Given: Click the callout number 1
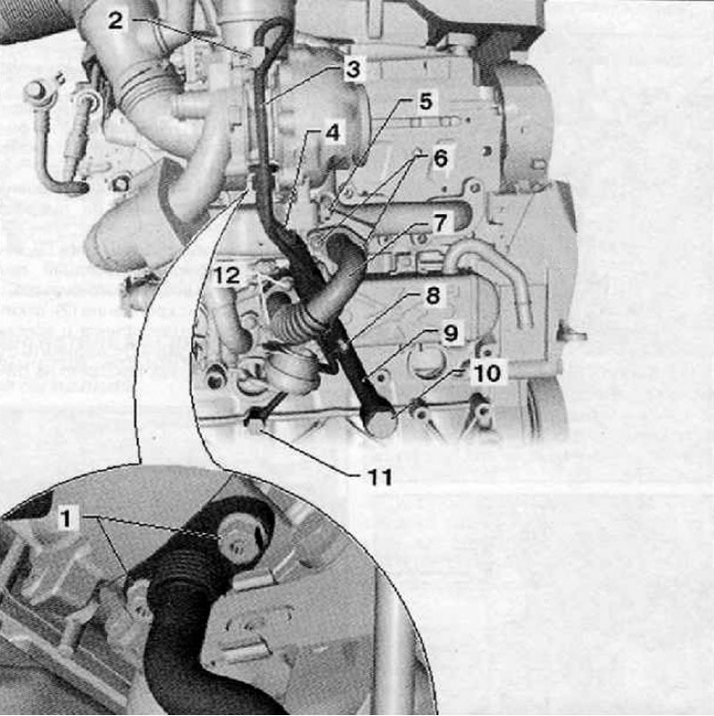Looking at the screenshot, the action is pyautogui.click(x=66, y=519).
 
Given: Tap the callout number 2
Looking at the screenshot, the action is pyautogui.click(x=116, y=21).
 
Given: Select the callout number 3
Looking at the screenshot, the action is pyautogui.click(x=353, y=70).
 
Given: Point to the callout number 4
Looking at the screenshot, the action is pyautogui.click(x=333, y=133).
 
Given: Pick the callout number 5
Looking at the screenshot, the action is pyautogui.click(x=426, y=102).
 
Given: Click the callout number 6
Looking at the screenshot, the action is pyautogui.click(x=441, y=159).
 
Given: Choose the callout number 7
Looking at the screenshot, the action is pyautogui.click(x=440, y=223).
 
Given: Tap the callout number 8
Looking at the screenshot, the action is pyautogui.click(x=433, y=295).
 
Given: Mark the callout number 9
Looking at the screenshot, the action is pyautogui.click(x=451, y=333).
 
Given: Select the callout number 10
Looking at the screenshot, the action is pyautogui.click(x=487, y=374).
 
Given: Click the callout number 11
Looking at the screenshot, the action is pyautogui.click(x=380, y=478).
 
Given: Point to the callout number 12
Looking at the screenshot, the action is pyautogui.click(x=228, y=276).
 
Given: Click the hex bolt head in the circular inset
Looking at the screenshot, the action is pyautogui.click(x=236, y=539).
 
